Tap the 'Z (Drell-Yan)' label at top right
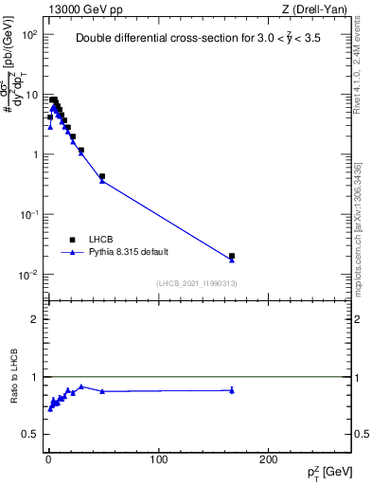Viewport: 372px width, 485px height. [x=315, y=9]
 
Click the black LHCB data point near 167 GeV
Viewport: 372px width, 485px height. [x=232, y=256]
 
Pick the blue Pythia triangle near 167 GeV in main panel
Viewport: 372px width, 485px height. [x=232, y=260]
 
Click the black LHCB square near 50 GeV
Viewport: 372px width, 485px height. [x=102, y=176]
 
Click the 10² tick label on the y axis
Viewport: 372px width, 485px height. [x=28, y=34]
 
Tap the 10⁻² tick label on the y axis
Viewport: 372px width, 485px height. [x=28, y=275]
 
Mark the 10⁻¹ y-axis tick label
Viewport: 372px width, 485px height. [x=28, y=215]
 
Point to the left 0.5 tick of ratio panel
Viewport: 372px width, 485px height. [x=28, y=434]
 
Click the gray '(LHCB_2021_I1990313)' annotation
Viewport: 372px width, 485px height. [x=197, y=284]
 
